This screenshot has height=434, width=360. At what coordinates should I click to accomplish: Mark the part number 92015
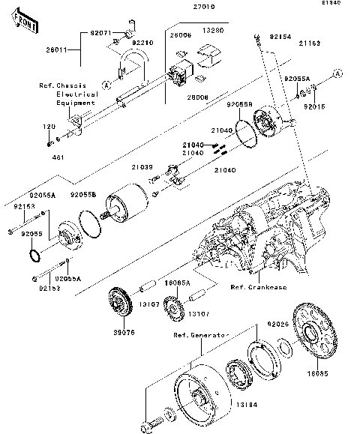[x=314, y=107]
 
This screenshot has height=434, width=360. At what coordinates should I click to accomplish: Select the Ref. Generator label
[x=199, y=334]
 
